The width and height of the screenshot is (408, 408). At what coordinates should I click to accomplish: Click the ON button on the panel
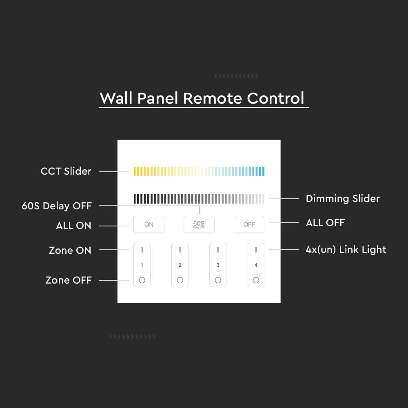pos(149,224)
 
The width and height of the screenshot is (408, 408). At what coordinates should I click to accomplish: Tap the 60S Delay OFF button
pos(199,224)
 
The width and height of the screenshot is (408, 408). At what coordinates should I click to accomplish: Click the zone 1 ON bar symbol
pos(142,250)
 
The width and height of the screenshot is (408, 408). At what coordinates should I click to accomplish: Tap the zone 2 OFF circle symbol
pos(180,280)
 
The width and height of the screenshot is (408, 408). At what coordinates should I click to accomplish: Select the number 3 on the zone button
pos(218,265)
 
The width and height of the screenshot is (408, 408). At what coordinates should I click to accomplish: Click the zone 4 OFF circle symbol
pos(256,280)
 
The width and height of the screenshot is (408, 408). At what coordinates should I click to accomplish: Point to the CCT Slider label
pos(66,171)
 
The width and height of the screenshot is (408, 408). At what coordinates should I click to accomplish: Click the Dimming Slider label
pos(343,199)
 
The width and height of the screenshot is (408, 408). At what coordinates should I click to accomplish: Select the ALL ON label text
pos(73,226)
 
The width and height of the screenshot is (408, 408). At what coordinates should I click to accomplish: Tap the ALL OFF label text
pos(325,222)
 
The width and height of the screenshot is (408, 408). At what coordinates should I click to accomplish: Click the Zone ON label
pos(70,250)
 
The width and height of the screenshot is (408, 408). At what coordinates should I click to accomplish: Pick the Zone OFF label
pos(69,280)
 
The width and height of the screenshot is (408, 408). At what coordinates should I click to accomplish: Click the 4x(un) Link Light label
pos(346,250)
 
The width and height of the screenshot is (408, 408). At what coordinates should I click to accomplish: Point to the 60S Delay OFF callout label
pos(57,206)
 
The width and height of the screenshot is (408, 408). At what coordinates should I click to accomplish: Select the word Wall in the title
pos(116,98)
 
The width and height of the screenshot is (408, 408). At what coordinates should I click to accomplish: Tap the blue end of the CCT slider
pos(263,171)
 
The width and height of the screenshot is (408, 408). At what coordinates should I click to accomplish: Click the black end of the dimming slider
pos(135,199)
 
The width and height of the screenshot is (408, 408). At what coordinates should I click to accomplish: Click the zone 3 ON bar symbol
pos(218,250)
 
